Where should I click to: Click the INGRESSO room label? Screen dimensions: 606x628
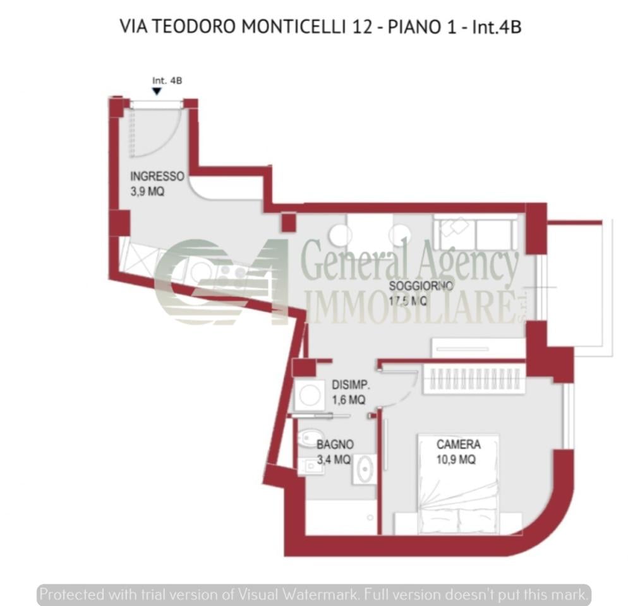coord(157,176)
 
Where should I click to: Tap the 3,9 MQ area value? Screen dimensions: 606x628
coord(147,191)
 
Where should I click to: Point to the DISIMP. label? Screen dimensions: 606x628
coord(351,384)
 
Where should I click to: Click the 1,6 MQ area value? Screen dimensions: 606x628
coord(348,400)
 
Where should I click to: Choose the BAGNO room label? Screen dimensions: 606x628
coord(335,445)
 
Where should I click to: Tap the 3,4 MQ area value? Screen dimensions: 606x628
coord(333,460)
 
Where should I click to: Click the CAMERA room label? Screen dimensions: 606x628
coord(458,445)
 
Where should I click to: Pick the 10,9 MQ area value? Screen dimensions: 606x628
coord(456,460)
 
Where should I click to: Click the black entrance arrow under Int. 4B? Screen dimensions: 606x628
coord(157,92)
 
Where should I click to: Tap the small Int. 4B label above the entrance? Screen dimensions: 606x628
coord(167,80)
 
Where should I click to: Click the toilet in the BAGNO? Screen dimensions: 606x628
coord(310,437)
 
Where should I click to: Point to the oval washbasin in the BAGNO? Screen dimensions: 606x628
coord(364,469)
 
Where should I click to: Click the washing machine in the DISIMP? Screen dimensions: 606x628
coord(310,395)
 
